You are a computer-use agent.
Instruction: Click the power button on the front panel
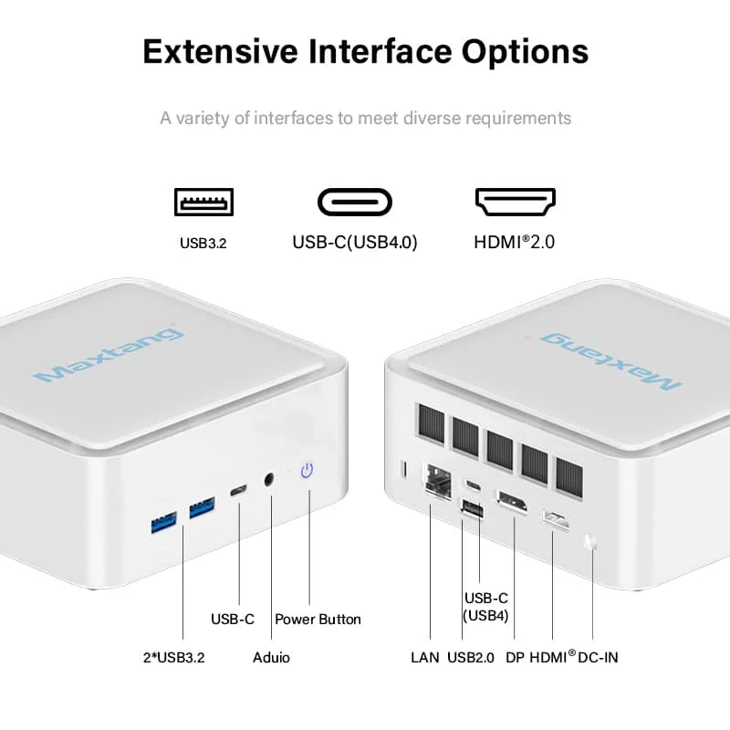[307, 470]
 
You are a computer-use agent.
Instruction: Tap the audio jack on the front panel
[268, 479]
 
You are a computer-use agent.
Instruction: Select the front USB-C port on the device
[239, 490]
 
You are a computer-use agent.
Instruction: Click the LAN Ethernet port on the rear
[438, 482]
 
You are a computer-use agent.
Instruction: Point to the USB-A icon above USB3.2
[203, 202]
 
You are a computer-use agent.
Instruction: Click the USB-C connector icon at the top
[355, 202]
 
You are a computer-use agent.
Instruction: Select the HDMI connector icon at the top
[516, 202]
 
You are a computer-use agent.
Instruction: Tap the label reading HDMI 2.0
[515, 242]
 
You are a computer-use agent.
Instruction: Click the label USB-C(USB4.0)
[355, 242]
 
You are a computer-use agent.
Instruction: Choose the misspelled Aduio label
[271, 657]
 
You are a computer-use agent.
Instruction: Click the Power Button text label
[318, 620]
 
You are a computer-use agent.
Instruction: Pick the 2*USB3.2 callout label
[174, 657]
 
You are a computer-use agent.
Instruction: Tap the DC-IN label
[598, 657]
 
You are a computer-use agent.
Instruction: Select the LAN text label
[425, 657]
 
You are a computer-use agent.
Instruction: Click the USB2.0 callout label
[471, 657]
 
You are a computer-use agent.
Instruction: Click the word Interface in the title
[380, 51]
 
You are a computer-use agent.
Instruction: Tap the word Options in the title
[526, 52]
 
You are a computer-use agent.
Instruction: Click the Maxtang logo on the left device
[109, 355]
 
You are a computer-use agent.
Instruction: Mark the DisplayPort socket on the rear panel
[512, 503]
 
